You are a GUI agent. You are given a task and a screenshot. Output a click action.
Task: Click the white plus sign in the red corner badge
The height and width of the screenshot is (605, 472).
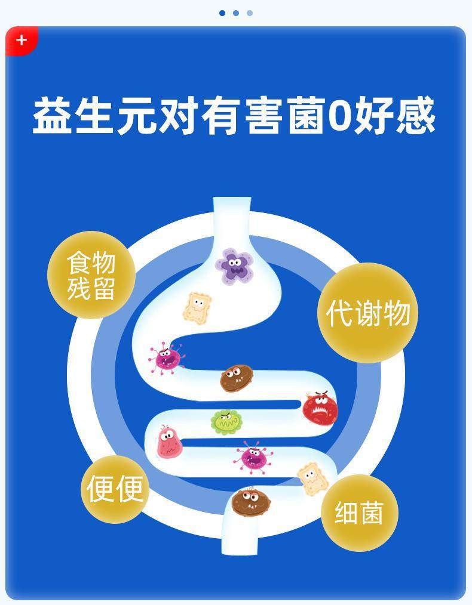[22, 41]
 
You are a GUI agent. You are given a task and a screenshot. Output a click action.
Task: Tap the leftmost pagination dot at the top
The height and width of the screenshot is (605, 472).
[222, 13]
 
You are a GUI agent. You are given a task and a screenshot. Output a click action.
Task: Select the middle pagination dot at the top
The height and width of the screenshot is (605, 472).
[236, 13]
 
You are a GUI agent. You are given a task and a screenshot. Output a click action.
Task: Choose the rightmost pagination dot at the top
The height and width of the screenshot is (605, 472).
[250, 13]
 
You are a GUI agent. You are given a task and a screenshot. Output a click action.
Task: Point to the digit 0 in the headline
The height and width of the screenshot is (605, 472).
[338, 116]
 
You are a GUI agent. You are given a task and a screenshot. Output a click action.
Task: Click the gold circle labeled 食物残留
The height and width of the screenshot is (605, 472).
[90, 275]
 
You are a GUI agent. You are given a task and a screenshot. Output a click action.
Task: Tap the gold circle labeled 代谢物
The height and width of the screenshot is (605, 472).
[367, 313]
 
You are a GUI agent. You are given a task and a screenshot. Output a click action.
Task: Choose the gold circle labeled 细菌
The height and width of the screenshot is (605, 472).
[359, 513]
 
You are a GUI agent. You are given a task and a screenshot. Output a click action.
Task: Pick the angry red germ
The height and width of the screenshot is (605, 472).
[320, 408]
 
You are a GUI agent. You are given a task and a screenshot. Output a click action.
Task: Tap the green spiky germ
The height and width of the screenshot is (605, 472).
[227, 422]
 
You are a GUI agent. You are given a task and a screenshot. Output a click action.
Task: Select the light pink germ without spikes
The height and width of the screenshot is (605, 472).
[168, 442]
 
